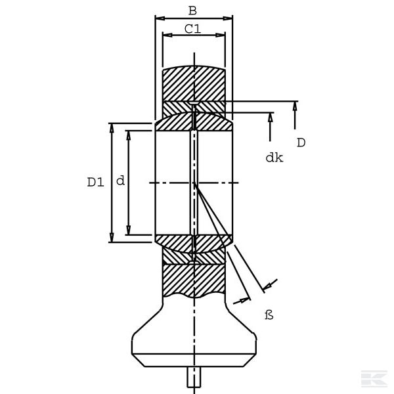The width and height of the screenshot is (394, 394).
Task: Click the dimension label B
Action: coord(192,11)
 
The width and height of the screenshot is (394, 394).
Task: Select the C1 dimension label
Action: coord(192,29)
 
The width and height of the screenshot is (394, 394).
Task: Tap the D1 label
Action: coord(95,182)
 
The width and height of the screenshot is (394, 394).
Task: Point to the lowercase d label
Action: coord(120,181)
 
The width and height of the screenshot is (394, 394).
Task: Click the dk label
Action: coord(274,158)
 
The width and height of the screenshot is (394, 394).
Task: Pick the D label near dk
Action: coord(301,142)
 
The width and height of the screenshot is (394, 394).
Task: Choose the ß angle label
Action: coord(269,315)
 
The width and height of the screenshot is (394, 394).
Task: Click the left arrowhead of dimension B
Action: coord(160,18)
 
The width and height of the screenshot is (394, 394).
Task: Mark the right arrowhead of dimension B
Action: coord(228,18)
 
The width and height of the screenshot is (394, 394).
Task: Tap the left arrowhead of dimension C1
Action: coord(167,35)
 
